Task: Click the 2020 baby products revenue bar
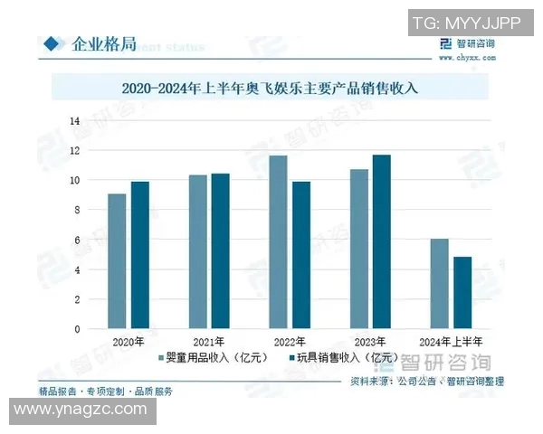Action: point(117,261)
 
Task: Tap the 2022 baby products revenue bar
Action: point(278,241)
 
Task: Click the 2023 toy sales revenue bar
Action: point(382,241)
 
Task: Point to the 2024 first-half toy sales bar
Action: point(462,293)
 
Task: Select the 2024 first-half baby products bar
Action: point(440,284)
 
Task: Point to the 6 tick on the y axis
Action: point(78,240)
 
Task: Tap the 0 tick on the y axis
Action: point(78,329)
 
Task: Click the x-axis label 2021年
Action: point(209,343)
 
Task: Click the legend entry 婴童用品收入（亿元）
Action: point(214,359)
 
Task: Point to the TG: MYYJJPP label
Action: point(466,21)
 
